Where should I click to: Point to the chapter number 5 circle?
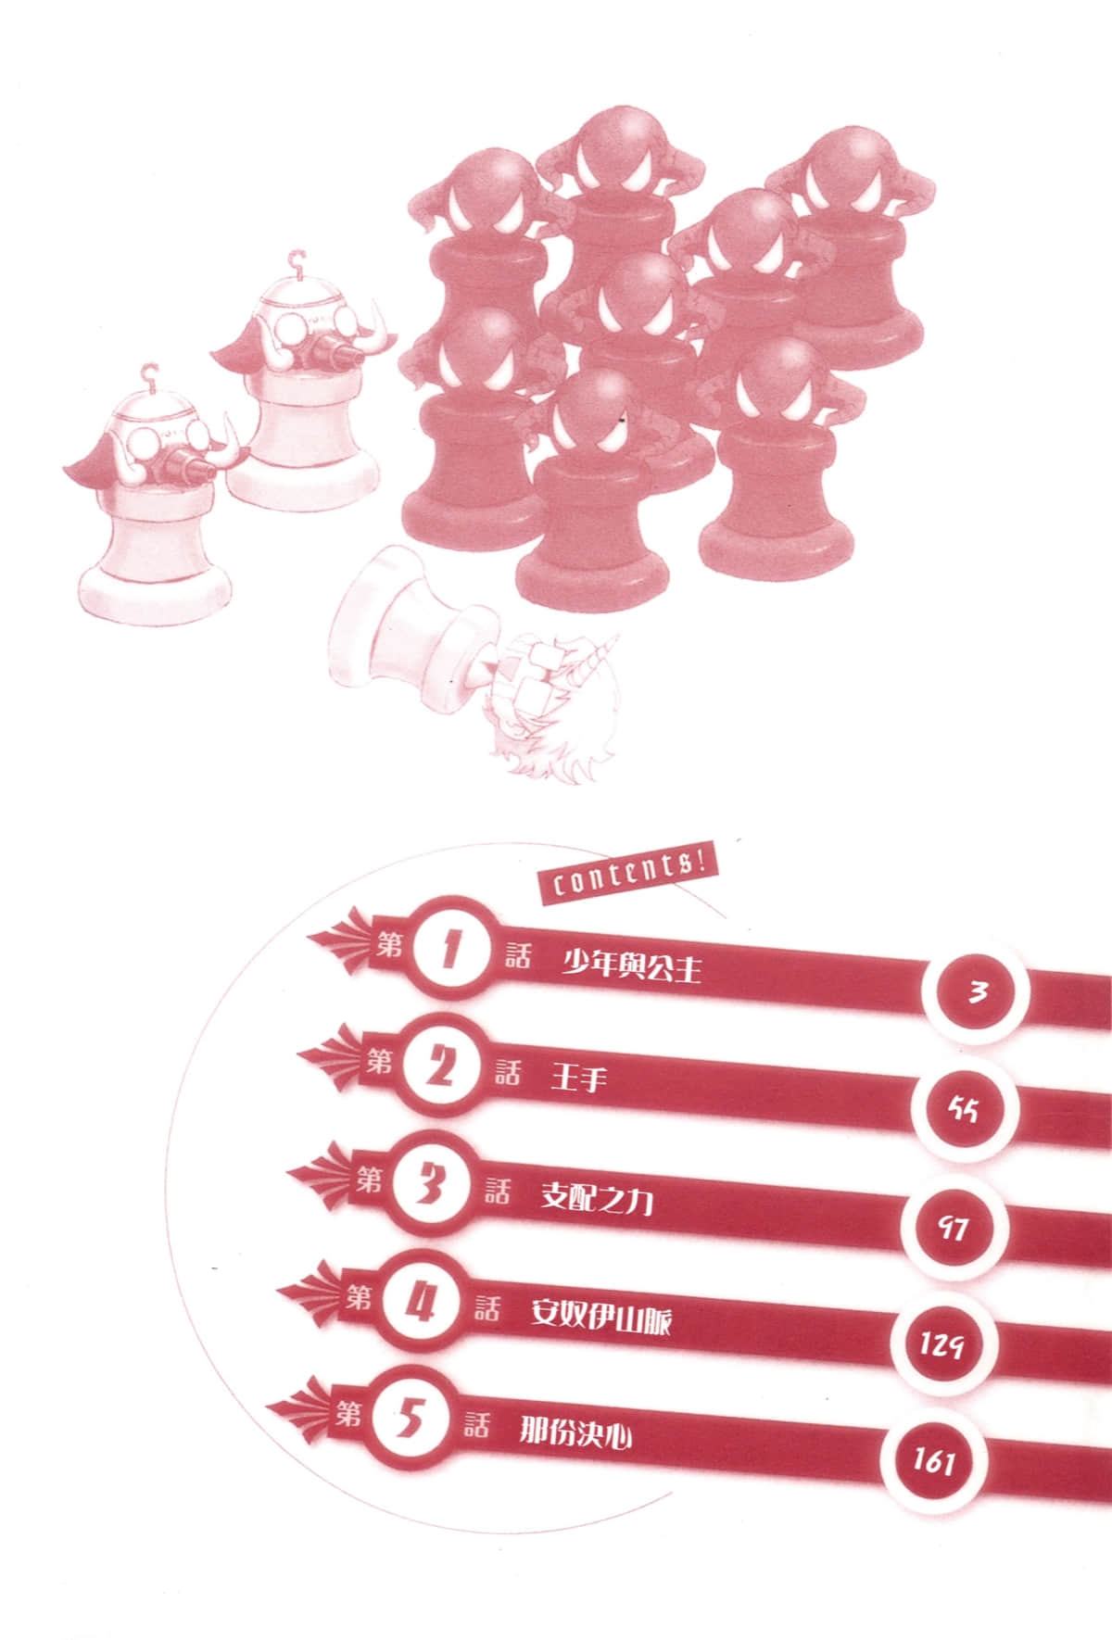click(x=408, y=1421)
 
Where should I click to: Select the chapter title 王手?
click(x=579, y=1079)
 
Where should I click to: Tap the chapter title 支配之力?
click(x=598, y=1200)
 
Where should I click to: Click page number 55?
click(x=964, y=1108)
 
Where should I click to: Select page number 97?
click(x=952, y=1229)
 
